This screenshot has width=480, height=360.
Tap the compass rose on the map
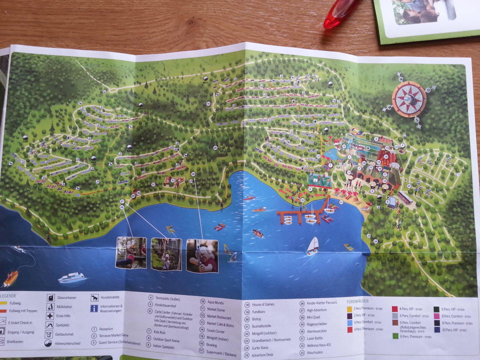(409, 98)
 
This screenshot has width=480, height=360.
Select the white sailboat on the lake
(313, 245)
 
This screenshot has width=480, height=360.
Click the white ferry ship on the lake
(71, 278)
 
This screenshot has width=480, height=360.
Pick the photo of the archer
(202, 256)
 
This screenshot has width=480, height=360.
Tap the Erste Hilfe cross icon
(50, 315)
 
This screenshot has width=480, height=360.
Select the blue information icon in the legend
(93, 308)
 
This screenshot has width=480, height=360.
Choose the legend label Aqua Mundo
(216, 301)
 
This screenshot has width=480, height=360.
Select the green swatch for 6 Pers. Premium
(395, 336)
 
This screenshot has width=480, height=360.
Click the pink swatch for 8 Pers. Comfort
(436, 316)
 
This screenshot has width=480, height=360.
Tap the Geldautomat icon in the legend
(49, 334)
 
